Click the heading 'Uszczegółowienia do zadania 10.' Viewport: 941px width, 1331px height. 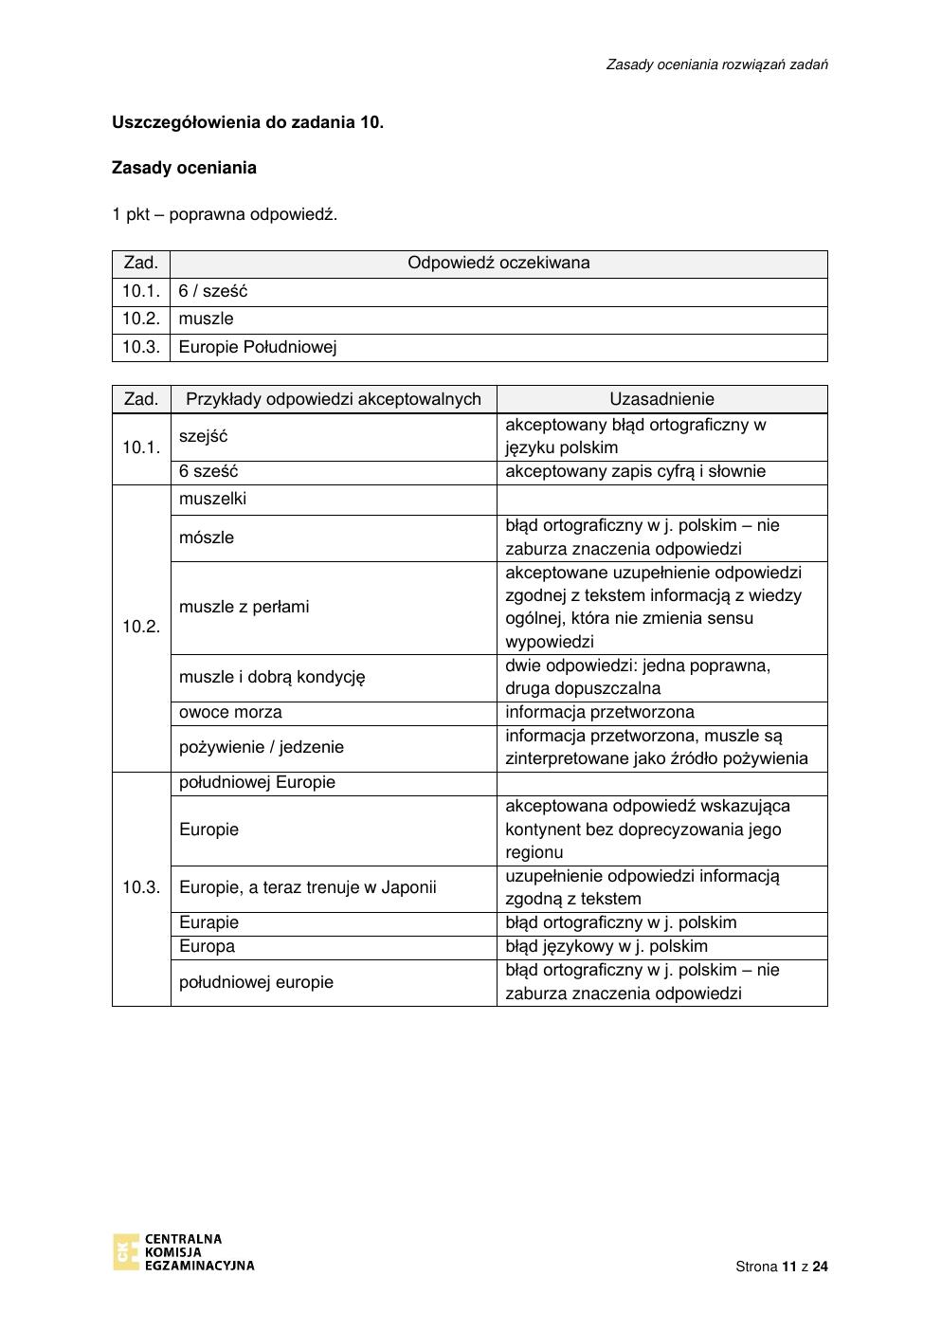pos(247,122)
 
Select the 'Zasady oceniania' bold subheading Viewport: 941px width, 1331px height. pos(184,168)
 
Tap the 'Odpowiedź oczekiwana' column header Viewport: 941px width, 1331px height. pos(498,263)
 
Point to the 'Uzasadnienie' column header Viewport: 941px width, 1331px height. pos(661,399)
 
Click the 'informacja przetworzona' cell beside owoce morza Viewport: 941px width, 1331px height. pos(600,712)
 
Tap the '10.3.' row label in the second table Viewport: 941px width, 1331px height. pos(141,887)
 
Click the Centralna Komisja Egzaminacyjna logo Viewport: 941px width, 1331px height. pos(183,1251)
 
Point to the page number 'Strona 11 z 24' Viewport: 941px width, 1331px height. pos(781,1267)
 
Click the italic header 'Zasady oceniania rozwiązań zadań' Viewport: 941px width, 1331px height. pos(716,64)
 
